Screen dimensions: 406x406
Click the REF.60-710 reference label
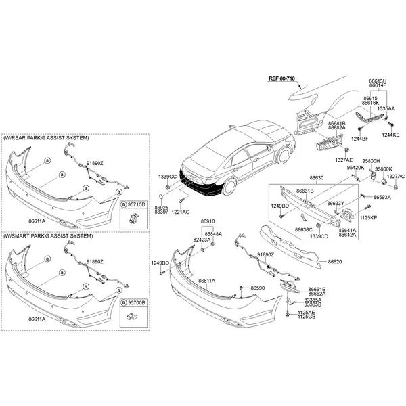281,78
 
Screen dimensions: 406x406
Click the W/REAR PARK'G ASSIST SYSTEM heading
46,138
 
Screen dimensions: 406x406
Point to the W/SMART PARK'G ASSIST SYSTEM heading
48,236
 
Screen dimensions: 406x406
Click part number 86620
335,261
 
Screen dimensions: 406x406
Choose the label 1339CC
168,177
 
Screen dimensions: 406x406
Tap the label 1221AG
181,212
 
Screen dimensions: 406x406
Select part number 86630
317,178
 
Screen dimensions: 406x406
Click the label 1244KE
390,135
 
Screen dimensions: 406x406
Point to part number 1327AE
344,160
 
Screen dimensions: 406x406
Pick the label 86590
258,288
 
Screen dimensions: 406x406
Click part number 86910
208,221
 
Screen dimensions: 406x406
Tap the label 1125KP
368,217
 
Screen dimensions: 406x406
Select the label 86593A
382,197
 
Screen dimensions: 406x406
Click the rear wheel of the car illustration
229,186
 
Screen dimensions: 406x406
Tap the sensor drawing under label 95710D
134,218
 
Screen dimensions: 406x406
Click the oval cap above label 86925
160,196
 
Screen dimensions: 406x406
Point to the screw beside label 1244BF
361,128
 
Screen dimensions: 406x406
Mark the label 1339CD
319,236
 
